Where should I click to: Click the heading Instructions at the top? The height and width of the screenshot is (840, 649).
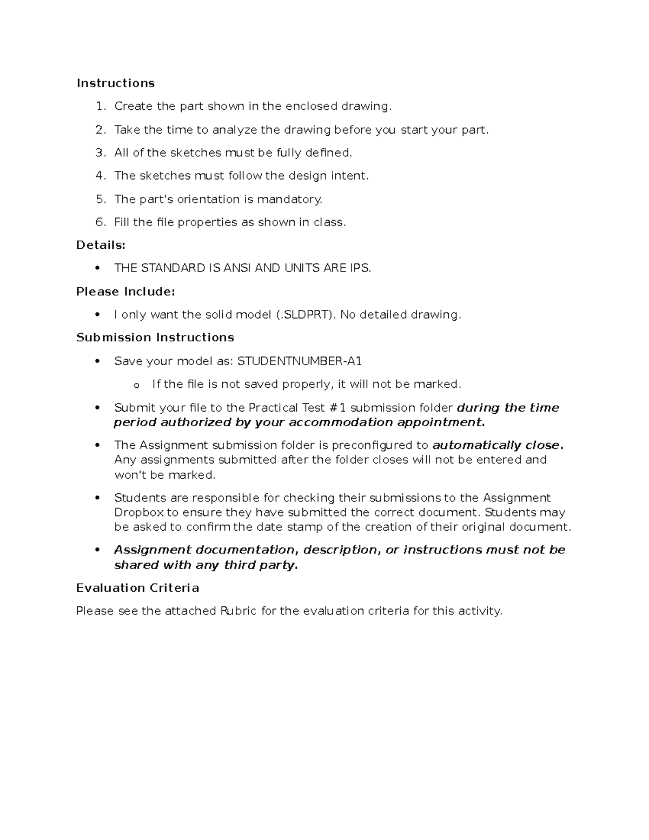point(115,83)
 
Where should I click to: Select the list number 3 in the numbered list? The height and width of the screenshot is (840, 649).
point(100,153)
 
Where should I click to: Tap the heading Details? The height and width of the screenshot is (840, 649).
point(101,246)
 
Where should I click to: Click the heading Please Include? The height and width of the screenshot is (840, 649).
point(125,292)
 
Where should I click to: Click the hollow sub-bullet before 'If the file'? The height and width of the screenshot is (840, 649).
point(136,386)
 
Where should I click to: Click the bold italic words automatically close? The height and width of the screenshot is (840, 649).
point(497,446)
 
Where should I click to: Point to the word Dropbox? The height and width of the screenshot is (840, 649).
point(139,513)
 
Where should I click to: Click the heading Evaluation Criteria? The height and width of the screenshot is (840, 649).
point(137,588)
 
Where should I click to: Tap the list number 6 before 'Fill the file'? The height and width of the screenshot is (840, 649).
point(100,222)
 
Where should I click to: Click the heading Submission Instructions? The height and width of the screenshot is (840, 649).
point(155,338)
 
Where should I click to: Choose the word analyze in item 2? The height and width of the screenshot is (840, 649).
point(234,130)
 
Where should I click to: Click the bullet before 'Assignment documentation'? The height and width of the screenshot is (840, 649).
point(97,550)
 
